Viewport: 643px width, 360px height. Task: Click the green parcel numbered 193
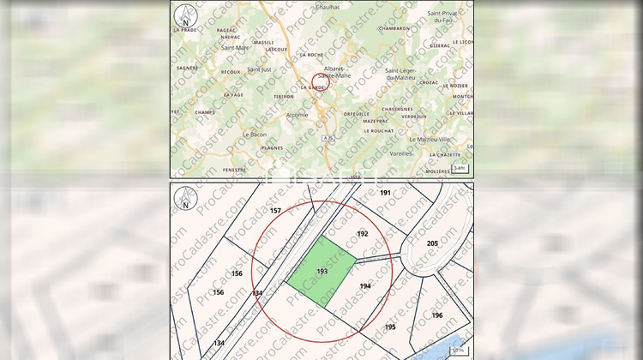321,271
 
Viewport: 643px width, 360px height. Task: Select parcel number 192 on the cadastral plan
363,233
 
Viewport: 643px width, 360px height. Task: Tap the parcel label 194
365,285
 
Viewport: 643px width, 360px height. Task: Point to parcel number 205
432,243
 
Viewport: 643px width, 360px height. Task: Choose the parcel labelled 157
275,210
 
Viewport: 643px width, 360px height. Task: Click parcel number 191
385,193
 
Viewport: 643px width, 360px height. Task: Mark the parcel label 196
437,315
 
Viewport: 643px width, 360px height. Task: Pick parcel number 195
390,327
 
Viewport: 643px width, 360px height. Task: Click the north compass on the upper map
183,15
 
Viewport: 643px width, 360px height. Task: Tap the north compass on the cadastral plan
183,199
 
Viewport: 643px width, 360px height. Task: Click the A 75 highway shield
328,137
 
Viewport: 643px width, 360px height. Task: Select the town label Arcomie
297,115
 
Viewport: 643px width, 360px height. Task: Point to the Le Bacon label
254,134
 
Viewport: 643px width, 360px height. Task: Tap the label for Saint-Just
259,69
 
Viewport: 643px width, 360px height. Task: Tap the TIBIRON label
259,97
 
